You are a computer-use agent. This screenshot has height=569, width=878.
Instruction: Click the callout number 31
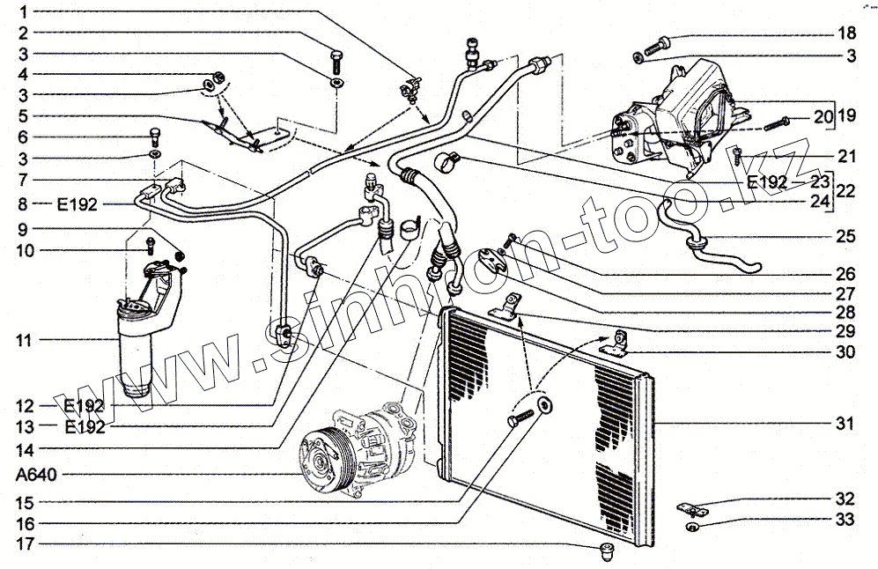pos(845,425)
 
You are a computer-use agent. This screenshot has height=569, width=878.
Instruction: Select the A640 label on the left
pos(37,475)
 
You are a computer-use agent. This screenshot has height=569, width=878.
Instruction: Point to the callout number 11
pos(24,339)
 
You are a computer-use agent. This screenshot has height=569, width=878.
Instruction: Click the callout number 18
pos(845,34)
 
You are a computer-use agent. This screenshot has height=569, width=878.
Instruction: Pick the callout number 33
pos(845,521)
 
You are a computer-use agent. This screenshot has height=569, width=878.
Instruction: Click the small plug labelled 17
pos(607,552)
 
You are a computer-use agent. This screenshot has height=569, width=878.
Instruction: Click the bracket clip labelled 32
pos(692,508)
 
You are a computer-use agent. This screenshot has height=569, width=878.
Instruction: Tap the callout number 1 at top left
pos(24,13)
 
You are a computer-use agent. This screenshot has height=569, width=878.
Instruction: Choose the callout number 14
pos(24,447)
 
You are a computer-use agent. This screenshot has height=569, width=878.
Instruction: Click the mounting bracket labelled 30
pos(616,344)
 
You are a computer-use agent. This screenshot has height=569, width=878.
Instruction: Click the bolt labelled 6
pos(154,136)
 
